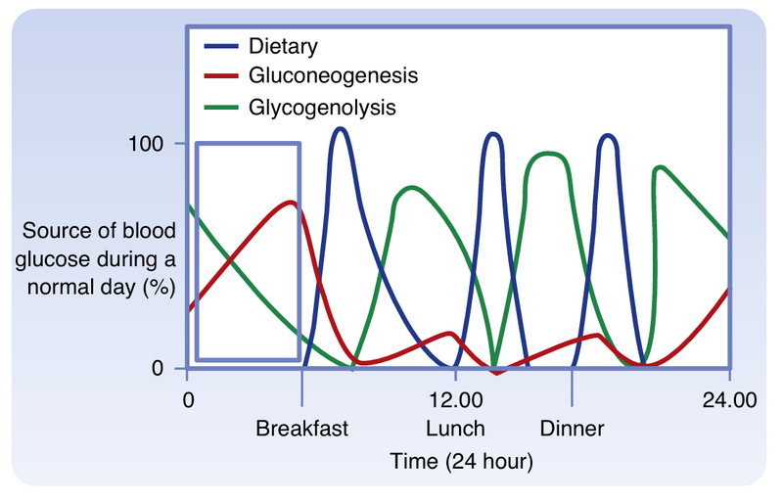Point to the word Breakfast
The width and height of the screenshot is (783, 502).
[x=301, y=429]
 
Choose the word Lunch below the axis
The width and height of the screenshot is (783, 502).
[x=455, y=429]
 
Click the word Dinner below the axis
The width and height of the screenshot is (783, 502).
[x=572, y=429]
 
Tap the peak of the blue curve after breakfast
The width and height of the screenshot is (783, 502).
[x=340, y=128]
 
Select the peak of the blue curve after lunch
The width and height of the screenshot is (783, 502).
[x=493, y=133]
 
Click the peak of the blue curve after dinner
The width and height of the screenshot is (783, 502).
[x=608, y=135]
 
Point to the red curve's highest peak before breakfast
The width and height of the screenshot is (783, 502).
[x=290, y=202]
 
